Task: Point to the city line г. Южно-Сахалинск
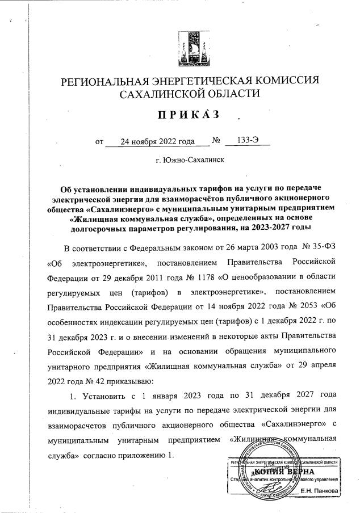[x=190, y=161]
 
